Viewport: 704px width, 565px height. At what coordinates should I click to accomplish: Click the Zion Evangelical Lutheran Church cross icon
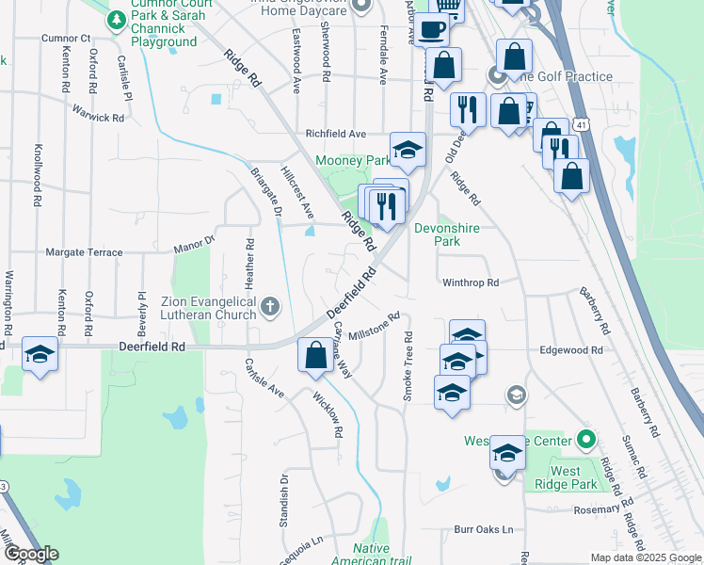click(270, 305)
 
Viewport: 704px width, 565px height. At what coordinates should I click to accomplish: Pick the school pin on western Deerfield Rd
click(40, 354)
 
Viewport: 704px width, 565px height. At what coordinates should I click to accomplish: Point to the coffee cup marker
click(432, 28)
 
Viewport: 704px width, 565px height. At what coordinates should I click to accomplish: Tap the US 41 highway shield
click(583, 124)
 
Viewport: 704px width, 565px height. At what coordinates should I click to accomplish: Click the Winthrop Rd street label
click(469, 282)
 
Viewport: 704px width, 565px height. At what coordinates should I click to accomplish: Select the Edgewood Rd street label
click(570, 349)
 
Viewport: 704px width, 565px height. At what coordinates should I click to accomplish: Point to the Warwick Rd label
click(98, 113)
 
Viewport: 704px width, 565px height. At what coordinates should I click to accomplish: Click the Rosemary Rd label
click(585, 509)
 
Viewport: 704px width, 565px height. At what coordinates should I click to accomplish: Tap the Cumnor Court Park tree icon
click(118, 19)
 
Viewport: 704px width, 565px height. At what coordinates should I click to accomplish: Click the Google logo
click(31, 554)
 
